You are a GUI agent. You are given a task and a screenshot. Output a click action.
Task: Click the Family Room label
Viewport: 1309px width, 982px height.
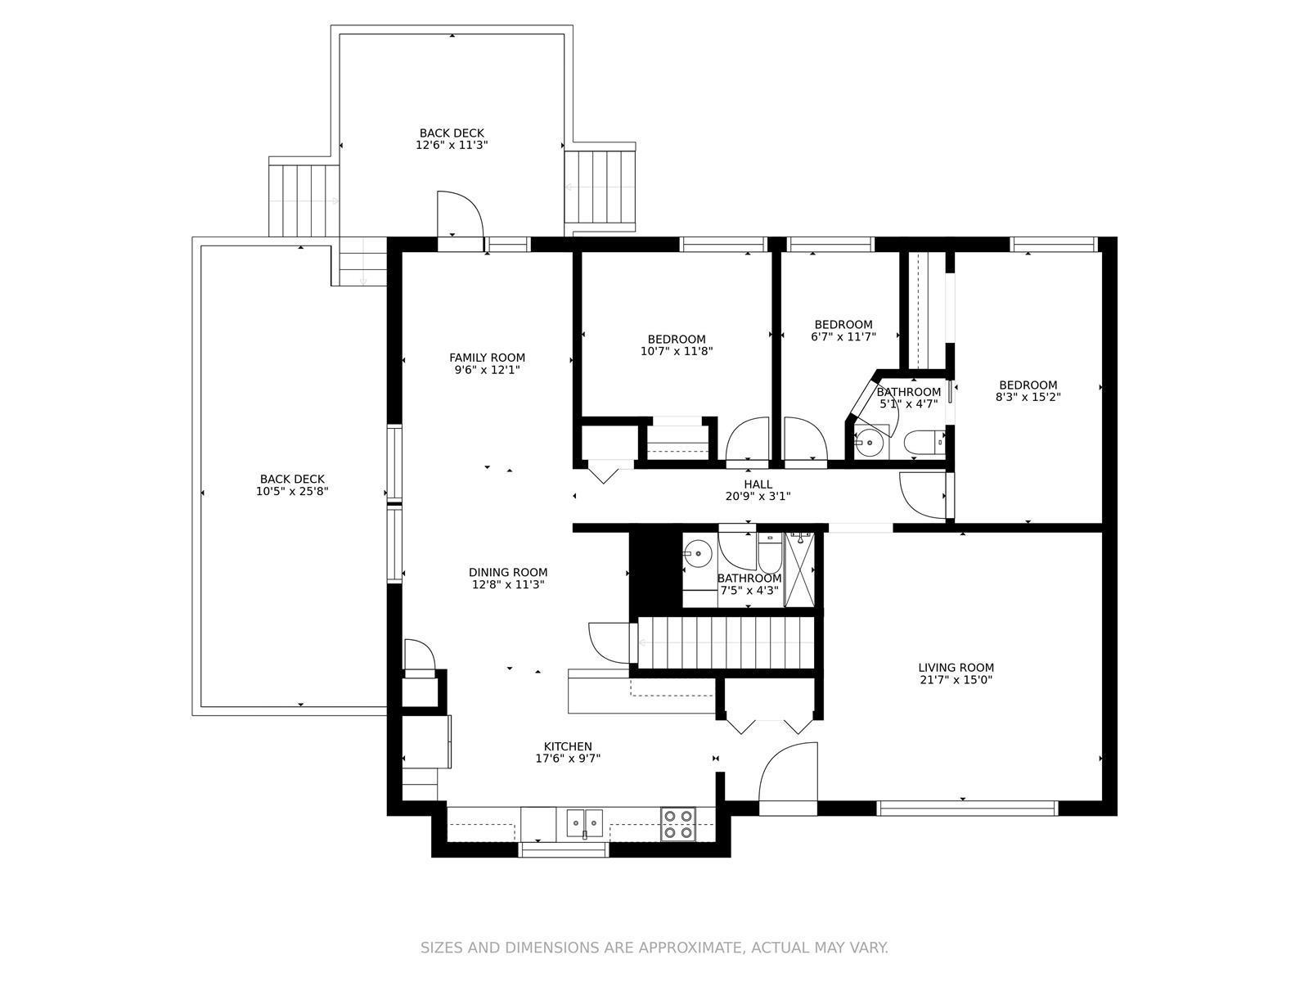[x=487, y=358]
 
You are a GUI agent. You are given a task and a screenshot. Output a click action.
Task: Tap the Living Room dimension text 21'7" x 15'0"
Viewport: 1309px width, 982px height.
[x=956, y=680]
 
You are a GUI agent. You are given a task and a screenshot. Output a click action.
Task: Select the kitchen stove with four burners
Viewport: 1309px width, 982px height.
[x=678, y=824]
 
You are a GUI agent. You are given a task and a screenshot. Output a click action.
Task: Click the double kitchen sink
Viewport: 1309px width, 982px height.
[x=584, y=823]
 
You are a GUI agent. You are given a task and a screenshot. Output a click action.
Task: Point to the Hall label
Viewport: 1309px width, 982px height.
[x=758, y=484]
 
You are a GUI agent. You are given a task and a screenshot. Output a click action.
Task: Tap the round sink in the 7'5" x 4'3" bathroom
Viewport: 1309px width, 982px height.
[x=697, y=554]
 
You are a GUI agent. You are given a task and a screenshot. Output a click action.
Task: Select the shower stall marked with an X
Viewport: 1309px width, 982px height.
[x=799, y=570]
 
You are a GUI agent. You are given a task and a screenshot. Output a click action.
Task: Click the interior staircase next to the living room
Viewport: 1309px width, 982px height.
[x=726, y=642]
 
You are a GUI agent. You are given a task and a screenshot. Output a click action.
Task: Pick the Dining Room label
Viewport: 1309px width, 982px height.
[x=507, y=572]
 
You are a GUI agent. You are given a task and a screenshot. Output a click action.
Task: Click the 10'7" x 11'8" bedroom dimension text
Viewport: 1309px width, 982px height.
[x=677, y=351]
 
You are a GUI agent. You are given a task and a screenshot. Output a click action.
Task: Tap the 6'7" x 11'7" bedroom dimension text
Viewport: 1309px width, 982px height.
[x=843, y=336]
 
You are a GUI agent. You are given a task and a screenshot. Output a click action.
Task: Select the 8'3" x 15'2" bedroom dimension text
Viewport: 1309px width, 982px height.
[x=1028, y=397]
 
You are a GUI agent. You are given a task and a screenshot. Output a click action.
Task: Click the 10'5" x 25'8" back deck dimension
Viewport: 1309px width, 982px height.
[x=292, y=491]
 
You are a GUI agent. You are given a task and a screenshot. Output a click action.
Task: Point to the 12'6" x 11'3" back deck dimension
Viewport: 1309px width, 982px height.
[x=452, y=144]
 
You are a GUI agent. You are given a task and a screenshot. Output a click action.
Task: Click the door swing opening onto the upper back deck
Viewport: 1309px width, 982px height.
[x=460, y=214]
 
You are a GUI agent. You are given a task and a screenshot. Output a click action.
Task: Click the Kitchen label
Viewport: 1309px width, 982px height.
[x=568, y=746]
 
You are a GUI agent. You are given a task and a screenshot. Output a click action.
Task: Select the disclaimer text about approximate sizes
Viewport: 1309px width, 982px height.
[x=654, y=948]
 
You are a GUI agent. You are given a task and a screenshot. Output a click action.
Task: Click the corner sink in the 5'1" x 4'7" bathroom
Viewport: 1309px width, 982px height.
[x=870, y=442]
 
